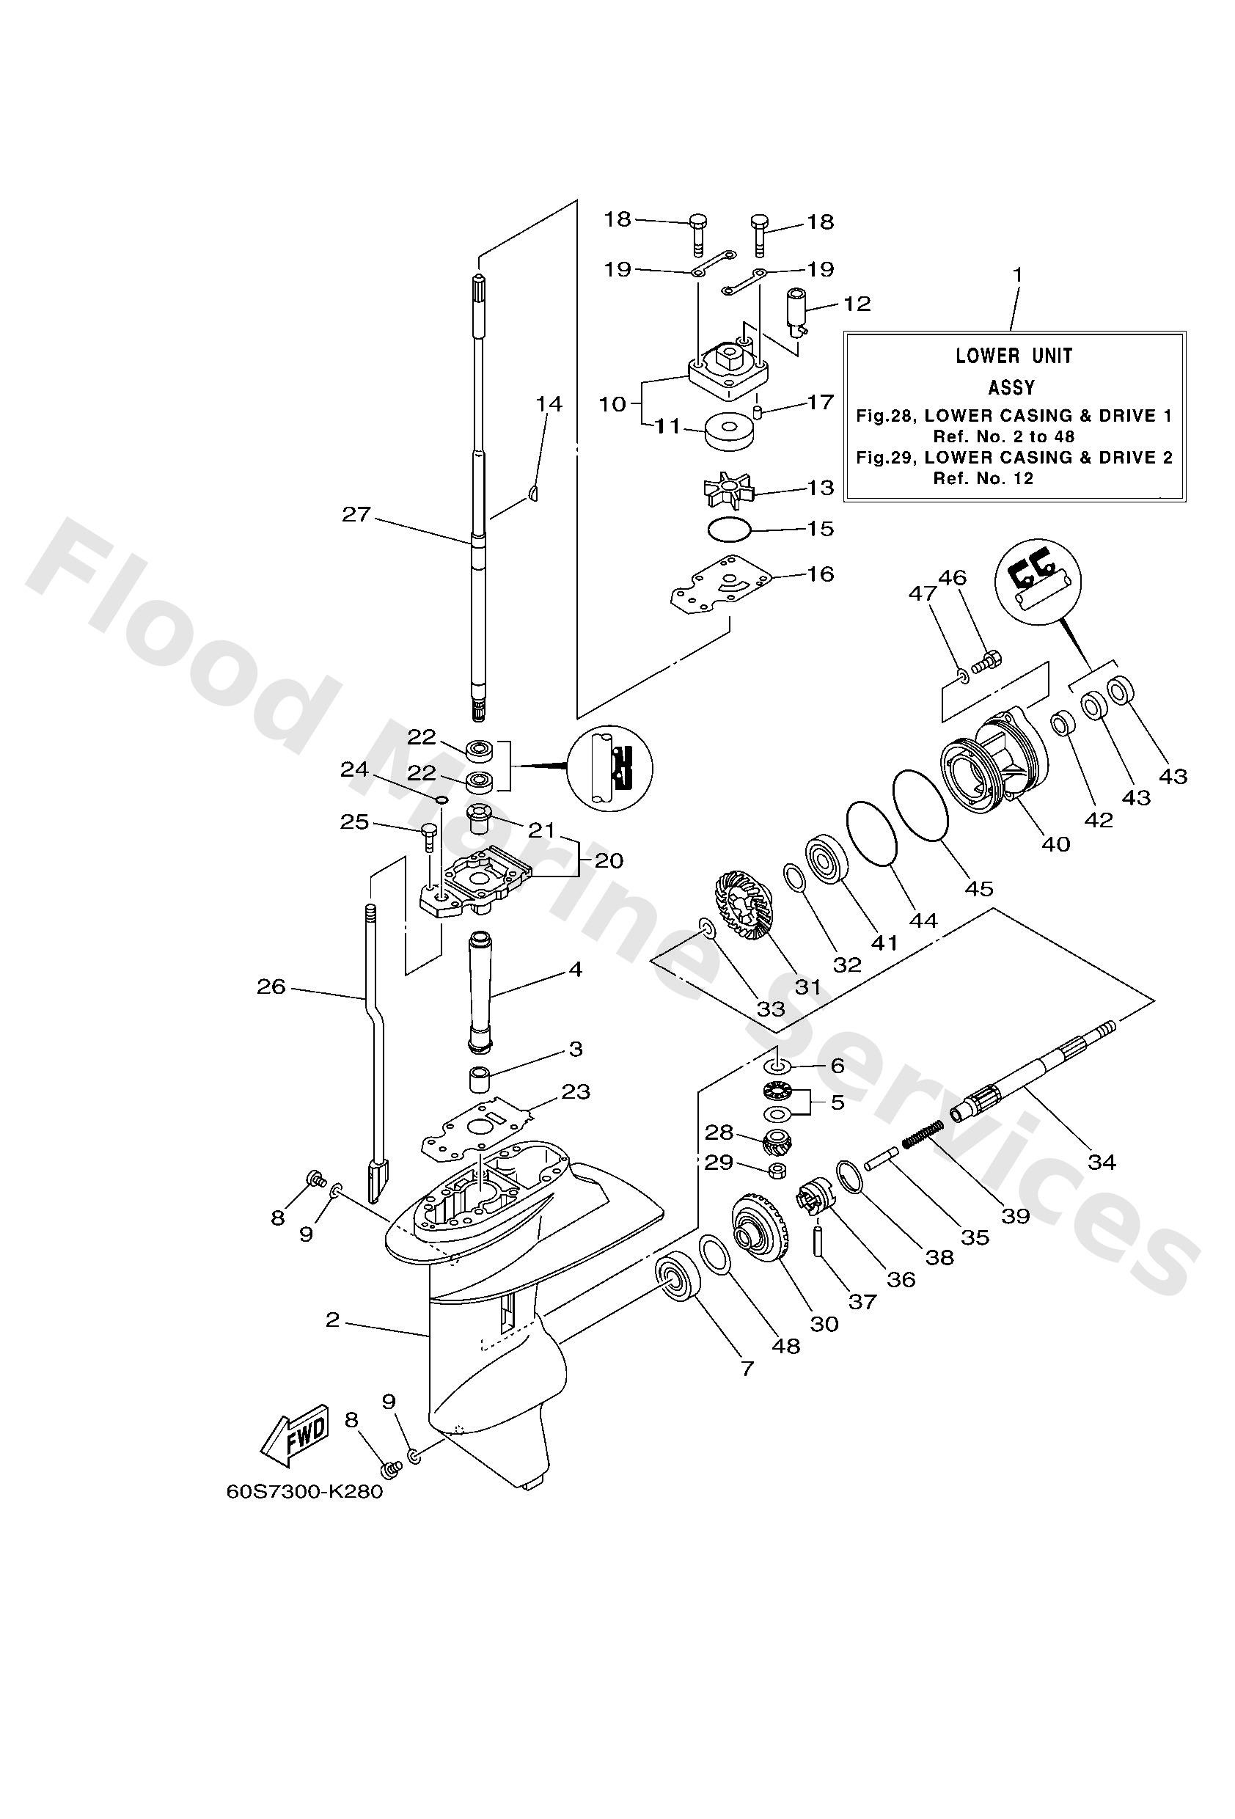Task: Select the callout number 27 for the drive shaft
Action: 356,514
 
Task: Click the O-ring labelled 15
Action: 729,530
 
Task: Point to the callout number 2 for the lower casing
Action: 333,1320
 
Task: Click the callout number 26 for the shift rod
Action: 271,987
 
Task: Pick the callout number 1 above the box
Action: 1016,275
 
